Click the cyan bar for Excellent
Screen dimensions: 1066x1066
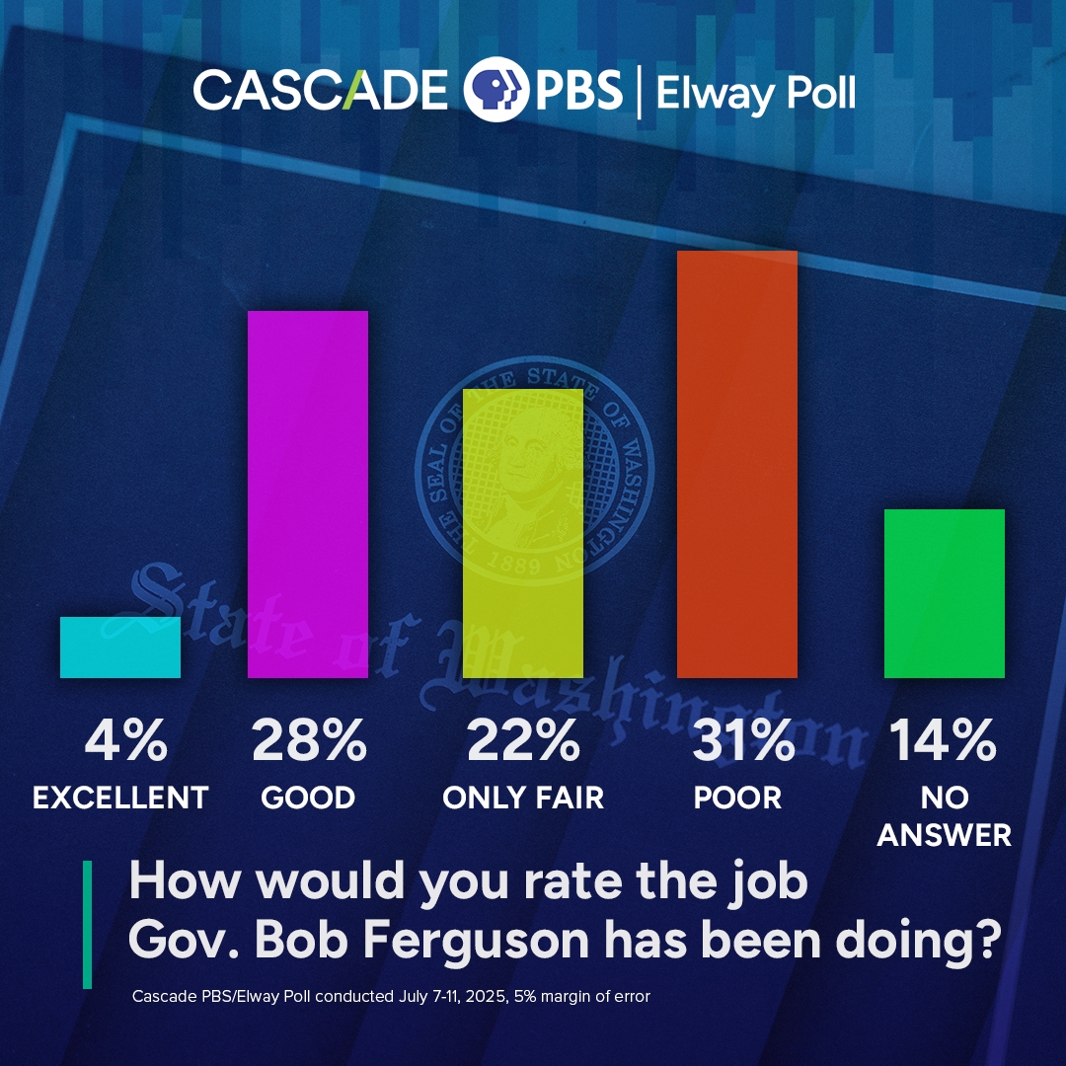tap(120, 647)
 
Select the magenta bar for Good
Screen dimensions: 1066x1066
tap(307, 495)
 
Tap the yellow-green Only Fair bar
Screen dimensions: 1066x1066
tap(523, 533)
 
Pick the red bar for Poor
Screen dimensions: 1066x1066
tap(736, 465)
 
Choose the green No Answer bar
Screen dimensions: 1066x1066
tap(944, 593)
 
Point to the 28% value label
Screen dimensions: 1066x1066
tap(307, 741)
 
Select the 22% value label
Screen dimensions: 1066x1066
tap(523, 741)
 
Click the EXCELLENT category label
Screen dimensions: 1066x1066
tap(120, 798)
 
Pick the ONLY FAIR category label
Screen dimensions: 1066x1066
tap(523, 798)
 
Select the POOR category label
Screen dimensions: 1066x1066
tap(736, 798)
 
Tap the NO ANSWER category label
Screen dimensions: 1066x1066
tap(944, 816)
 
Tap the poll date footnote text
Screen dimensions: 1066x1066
tap(391, 997)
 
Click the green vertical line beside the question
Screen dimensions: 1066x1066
tap(87, 924)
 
